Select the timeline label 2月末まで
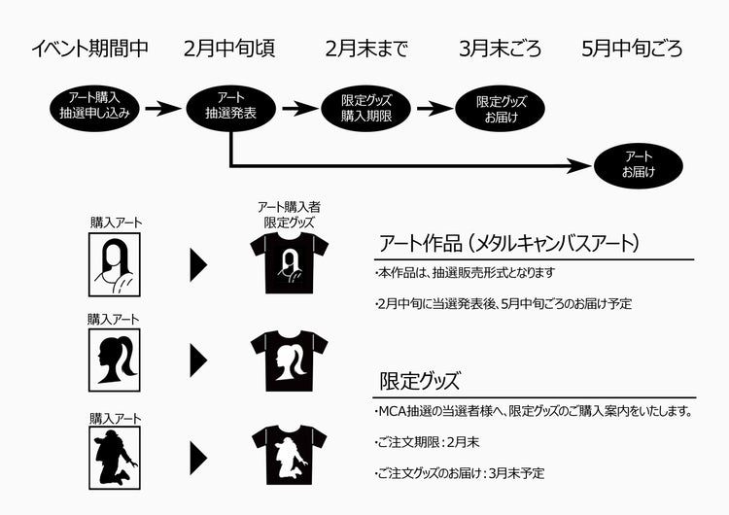(x=367, y=49)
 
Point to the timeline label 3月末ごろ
(x=501, y=49)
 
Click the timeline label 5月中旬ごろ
(x=632, y=49)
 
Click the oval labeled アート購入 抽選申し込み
(x=94, y=106)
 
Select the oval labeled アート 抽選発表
(x=231, y=106)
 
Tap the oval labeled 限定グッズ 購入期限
(x=367, y=106)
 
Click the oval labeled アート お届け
(x=639, y=164)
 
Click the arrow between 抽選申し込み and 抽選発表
(x=162, y=107)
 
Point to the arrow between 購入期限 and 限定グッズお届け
(x=435, y=107)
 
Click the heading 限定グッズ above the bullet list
(x=420, y=380)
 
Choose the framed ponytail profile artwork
(x=116, y=359)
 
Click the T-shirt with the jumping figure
(x=290, y=456)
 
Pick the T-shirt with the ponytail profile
(x=290, y=360)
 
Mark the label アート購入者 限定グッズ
(x=290, y=214)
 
